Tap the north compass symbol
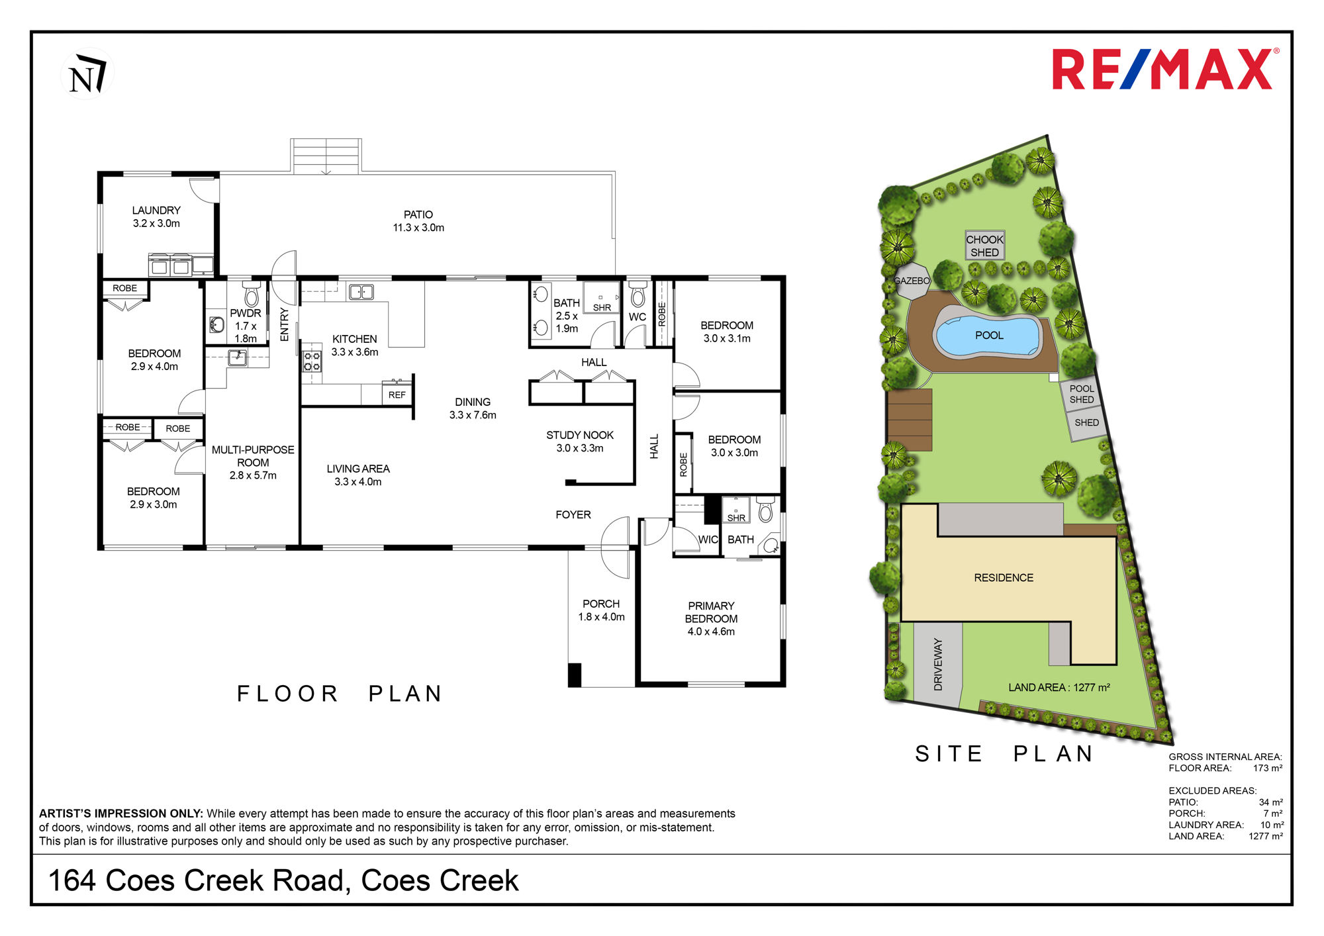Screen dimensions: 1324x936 [x=87, y=73]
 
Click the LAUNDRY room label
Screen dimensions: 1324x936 [x=156, y=211]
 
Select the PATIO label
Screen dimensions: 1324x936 [x=418, y=214]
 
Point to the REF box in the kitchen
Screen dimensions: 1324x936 [x=397, y=395]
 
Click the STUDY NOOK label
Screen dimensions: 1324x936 [x=580, y=435]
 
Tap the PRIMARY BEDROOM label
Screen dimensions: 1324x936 [x=711, y=612]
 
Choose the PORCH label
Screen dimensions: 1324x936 [x=601, y=604]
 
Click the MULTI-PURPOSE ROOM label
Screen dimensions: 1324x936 [x=253, y=456]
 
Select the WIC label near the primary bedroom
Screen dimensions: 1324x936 [x=708, y=539]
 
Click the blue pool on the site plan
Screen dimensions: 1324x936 [x=988, y=335]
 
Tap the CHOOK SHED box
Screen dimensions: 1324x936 [x=985, y=246]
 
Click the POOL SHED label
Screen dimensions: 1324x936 [x=1082, y=394]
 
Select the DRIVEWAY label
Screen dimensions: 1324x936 [x=938, y=665]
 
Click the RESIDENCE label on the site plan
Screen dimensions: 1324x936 [x=1004, y=578]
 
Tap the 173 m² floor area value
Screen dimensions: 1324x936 [x=1268, y=769]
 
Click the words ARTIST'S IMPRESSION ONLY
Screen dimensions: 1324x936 [x=121, y=814]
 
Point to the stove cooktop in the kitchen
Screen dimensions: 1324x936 [x=312, y=361]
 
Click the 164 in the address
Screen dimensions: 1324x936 [x=71, y=880]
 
